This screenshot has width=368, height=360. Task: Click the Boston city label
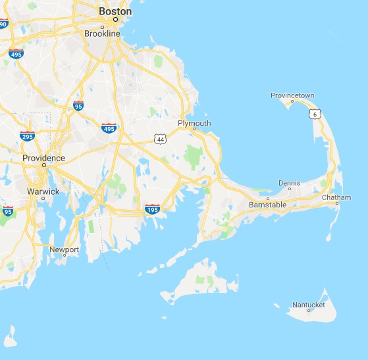pyautogui.click(x=115, y=11)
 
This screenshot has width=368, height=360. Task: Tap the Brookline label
pyautogui.click(x=102, y=33)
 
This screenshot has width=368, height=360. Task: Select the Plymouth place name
pyautogui.click(x=194, y=123)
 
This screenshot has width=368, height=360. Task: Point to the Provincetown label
pyautogui.click(x=292, y=95)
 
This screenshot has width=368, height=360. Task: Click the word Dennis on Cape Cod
pyautogui.click(x=289, y=183)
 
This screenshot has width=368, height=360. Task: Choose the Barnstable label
pyautogui.click(x=267, y=205)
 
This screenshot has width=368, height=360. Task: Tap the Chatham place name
pyautogui.click(x=336, y=197)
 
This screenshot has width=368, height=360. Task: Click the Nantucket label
pyautogui.click(x=308, y=304)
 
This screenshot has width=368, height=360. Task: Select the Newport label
pyautogui.click(x=65, y=249)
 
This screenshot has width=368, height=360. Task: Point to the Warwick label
pyautogui.click(x=43, y=192)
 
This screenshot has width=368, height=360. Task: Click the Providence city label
pyautogui.click(x=43, y=158)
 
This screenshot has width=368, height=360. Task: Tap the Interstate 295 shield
pyautogui.click(x=27, y=136)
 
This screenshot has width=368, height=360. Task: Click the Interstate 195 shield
pyautogui.click(x=152, y=209)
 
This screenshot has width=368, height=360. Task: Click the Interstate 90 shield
pyautogui.click(x=3, y=24)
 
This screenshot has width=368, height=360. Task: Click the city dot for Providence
pyautogui.click(x=43, y=166)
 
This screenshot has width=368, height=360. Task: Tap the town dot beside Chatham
pyautogui.click(x=336, y=203)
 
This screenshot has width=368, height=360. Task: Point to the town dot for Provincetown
pyautogui.click(x=292, y=101)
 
